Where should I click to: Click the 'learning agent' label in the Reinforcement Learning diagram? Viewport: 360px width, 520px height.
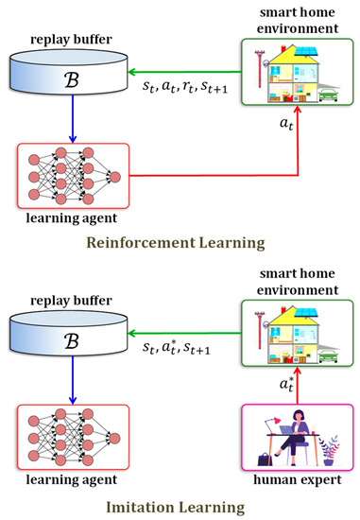66,217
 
